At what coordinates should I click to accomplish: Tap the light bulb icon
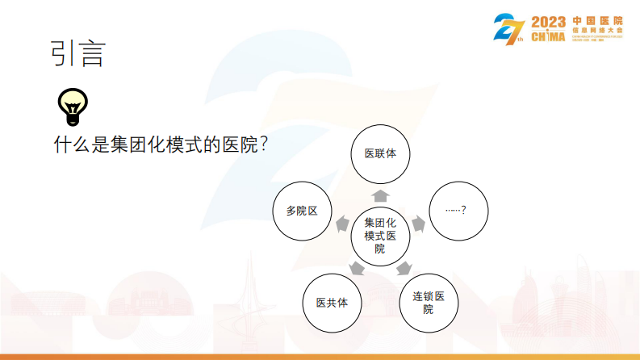pos(73,103)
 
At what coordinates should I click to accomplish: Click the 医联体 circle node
pos(380,153)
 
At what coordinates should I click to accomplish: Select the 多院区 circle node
pos(302,211)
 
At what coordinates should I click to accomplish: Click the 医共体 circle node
pos(331,303)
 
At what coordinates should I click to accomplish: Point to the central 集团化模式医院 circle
pos(380,235)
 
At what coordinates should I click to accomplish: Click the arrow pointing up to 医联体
pos(380,195)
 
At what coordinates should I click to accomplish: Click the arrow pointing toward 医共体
pos(356,268)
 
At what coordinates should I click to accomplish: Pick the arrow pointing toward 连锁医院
pos(404,268)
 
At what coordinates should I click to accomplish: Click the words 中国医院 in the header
pos(596,19)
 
